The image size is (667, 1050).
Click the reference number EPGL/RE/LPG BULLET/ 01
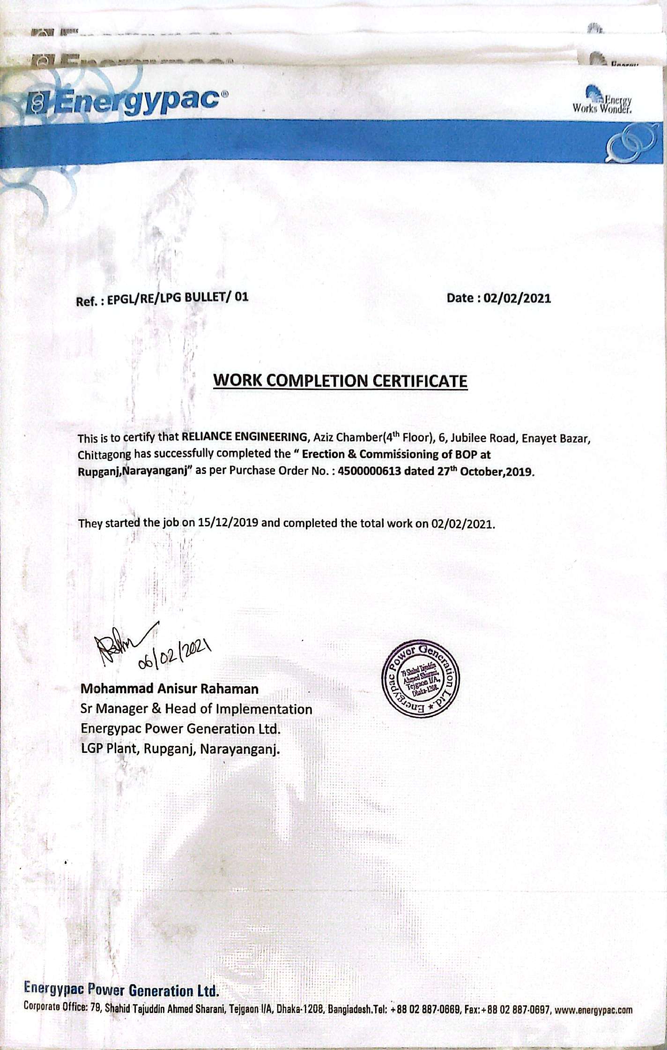(x=178, y=298)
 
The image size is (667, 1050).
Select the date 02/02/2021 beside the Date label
(x=517, y=298)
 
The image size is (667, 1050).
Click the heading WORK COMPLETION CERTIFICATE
(x=340, y=380)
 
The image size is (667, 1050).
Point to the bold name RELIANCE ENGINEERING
(x=244, y=437)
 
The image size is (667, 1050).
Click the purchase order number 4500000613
(x=369, y=471)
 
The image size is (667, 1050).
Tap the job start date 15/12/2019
(x=228, y=523)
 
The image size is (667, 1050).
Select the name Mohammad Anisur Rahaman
(x=170, y=689)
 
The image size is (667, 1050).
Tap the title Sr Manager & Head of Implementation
(x=196, y=709)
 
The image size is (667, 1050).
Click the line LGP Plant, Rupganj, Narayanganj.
(x=180, y=749)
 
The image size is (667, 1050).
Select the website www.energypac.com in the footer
(x=593, y=1010)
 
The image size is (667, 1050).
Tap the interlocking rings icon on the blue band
(x=630, y=142)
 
